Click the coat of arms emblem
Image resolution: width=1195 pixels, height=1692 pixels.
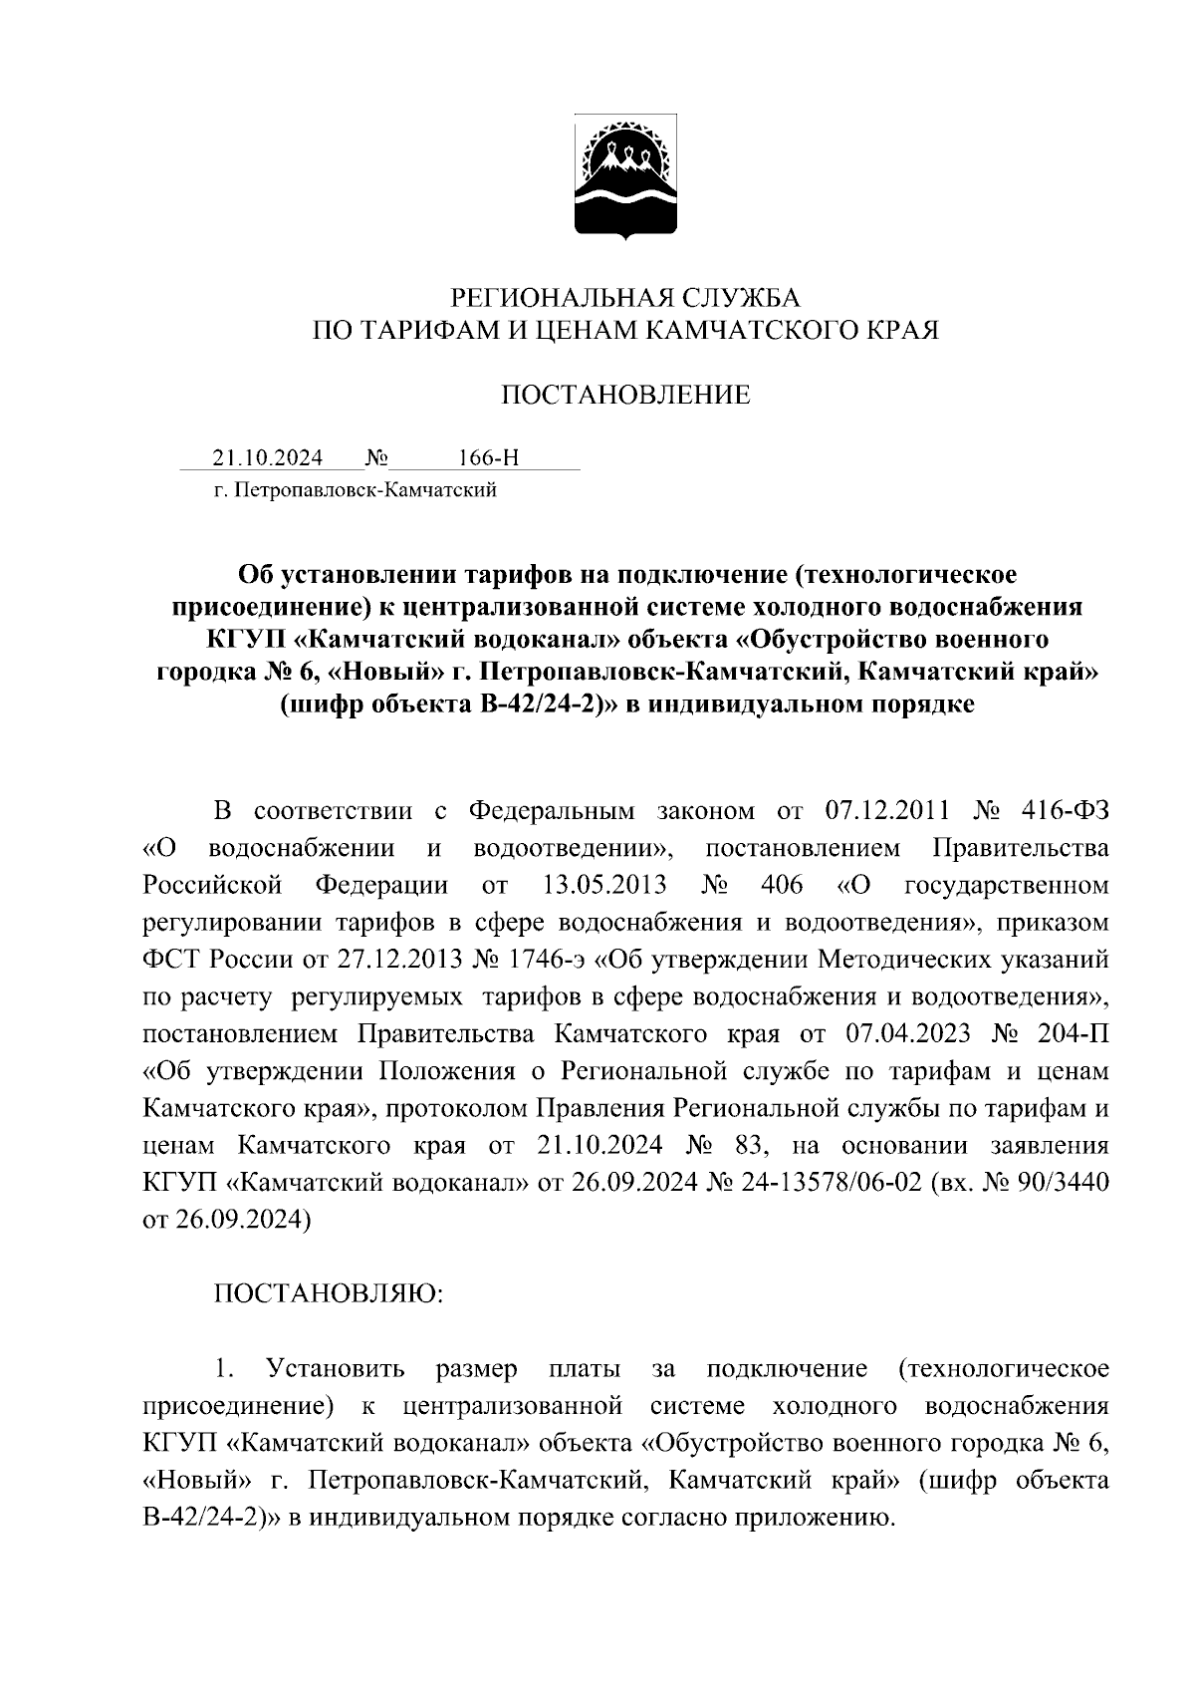click(x=625, y=180)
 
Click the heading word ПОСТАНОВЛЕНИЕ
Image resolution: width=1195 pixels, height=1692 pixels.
click(x=625, y=396)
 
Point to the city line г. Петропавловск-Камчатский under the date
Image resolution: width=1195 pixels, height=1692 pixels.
click(x=356, y=489)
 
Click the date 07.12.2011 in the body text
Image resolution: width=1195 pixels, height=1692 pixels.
click(x=889, y=810)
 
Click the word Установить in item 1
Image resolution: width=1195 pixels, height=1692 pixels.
click(x=336, y=1368)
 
